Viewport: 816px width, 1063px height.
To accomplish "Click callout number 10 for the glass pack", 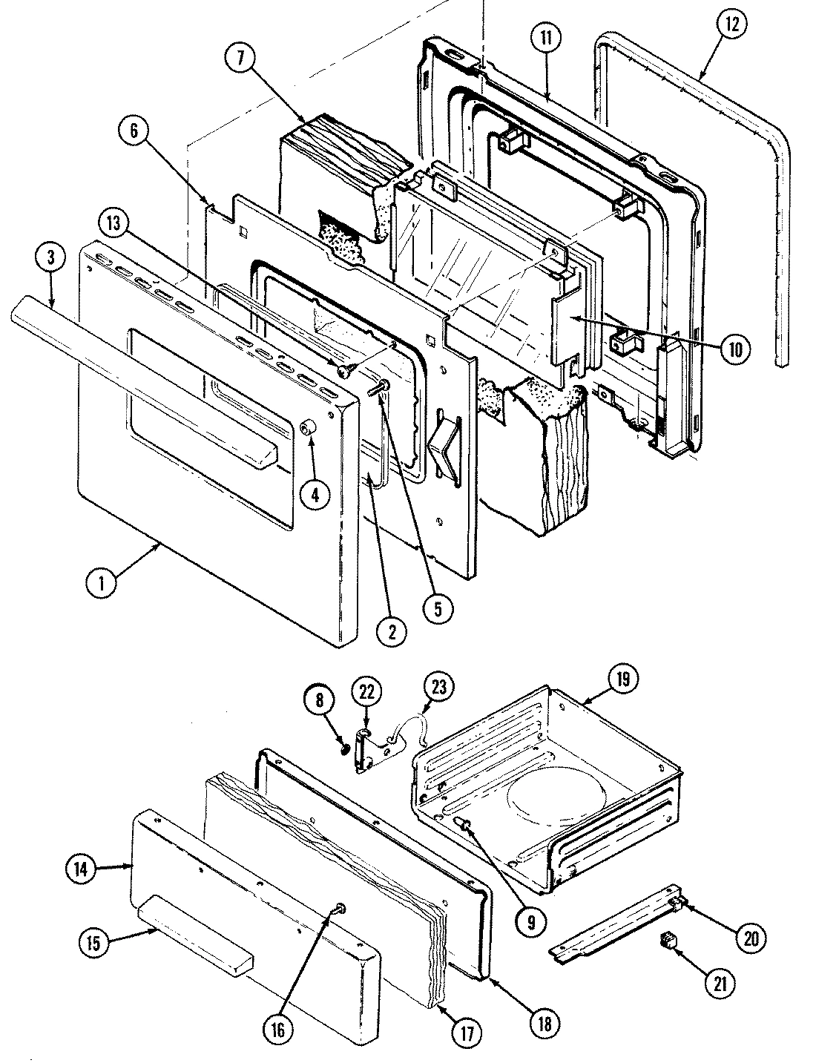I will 734,349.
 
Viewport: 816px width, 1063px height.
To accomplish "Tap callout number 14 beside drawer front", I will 84,868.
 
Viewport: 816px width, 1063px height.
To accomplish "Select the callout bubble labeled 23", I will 439,687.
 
